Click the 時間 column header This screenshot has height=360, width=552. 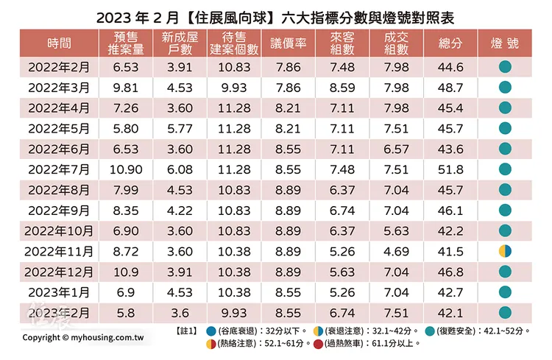pos(59,43)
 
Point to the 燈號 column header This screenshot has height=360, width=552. pos(505,43)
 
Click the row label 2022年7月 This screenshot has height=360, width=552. pos(59,170)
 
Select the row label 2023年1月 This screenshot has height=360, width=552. pos(59,292)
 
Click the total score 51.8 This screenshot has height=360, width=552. pos(450,170)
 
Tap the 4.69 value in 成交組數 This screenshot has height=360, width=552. pos(397,252)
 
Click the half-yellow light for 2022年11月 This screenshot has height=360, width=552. pos(505,252)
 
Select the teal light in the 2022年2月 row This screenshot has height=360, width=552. pos(505,68)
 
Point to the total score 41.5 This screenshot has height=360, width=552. pos(450,252)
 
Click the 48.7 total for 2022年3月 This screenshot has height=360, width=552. pos(450,88)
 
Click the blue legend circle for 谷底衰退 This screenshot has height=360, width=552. pos(211,331)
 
